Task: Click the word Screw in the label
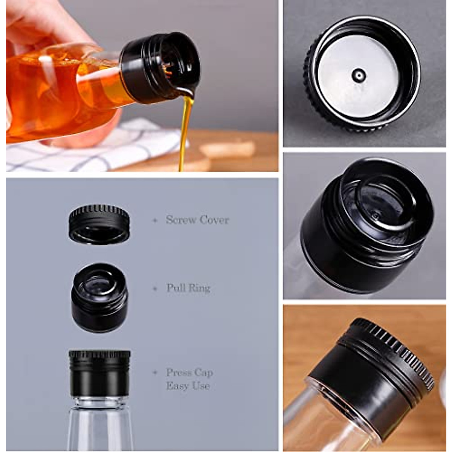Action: point(180,220)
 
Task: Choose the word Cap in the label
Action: point(205,373)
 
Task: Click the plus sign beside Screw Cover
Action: point(155,220)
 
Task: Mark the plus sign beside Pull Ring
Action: point(155,289)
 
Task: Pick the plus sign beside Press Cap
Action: point(155,373)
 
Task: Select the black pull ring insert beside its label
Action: point(99,298)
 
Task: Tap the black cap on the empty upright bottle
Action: point(99,373)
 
